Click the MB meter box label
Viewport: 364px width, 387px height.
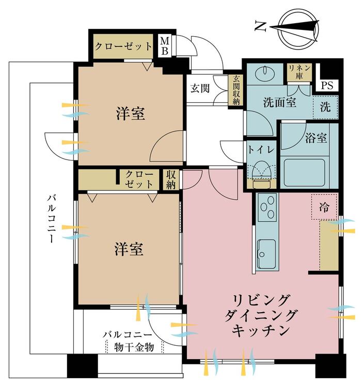[165, 46]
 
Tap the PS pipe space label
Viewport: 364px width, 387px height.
[327, 85]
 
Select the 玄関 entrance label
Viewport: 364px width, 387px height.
[200, 89]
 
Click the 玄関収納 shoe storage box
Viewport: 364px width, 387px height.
[236, 90]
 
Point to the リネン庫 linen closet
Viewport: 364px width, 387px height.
[299, 72]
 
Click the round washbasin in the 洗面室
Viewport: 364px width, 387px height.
[264, 72]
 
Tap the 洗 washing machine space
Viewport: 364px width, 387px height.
[325, 107]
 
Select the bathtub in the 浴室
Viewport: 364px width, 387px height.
[304, 172]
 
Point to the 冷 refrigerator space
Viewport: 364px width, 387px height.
[324, 207]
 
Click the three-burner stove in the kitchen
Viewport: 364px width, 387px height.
[267, 207]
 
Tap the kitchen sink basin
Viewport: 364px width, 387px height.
[267, 254]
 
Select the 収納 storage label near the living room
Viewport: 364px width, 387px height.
[170, 180]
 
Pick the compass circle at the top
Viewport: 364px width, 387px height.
[299, 28]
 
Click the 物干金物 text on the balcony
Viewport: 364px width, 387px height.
[134, 347]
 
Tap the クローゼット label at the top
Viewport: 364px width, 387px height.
[123, 46]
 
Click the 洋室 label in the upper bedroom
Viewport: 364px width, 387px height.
[130, 114]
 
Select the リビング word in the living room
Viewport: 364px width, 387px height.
[261, 300]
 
